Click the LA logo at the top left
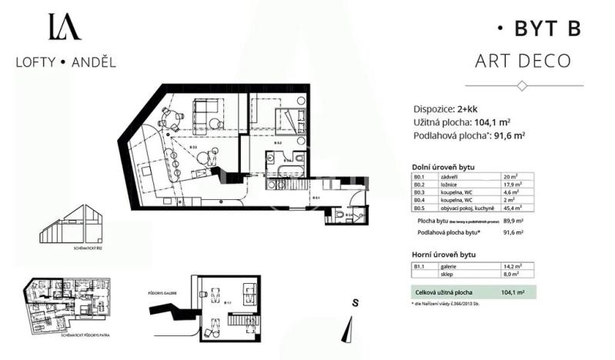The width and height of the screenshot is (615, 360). [x=64, y=26]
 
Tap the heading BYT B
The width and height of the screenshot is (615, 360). [x=538, y=28]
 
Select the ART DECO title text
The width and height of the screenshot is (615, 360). [x=523, y=61]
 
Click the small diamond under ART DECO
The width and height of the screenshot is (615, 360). [x=523, y=85]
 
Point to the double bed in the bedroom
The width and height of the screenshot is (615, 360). [x=292, y=120]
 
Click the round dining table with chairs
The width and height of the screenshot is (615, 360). [x=172, y=119]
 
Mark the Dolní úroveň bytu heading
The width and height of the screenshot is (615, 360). [x=444, y=166]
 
